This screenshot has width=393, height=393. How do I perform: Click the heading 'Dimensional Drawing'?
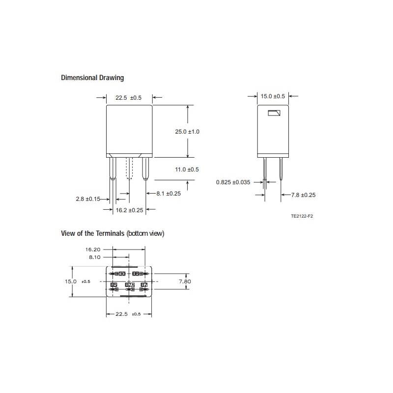[x=92, y=78]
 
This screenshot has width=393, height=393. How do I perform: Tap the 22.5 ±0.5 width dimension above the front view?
[x=128, y=98]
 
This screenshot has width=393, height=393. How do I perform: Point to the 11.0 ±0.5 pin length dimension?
[x=187, y=169]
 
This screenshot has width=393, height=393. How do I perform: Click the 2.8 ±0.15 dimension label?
[x=88, y=199]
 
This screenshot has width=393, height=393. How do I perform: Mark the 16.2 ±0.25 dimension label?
[x=129, y=210]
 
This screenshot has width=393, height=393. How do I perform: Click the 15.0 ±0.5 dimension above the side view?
[x=273, y=96]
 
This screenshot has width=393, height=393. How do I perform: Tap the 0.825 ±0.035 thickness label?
[x=233, y=182]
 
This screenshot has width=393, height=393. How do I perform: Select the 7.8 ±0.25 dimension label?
[x=303, y=195]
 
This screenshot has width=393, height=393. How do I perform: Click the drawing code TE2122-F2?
[x=302, y=216]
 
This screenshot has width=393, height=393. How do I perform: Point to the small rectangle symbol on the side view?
[x=274, y=114]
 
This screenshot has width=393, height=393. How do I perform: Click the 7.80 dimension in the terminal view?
[x=185, y=281]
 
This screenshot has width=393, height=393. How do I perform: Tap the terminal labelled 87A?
[x=130, y=285]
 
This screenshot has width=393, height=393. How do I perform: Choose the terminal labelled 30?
[x=122, y=273]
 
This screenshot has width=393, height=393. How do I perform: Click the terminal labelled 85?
[x=114, y=285]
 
